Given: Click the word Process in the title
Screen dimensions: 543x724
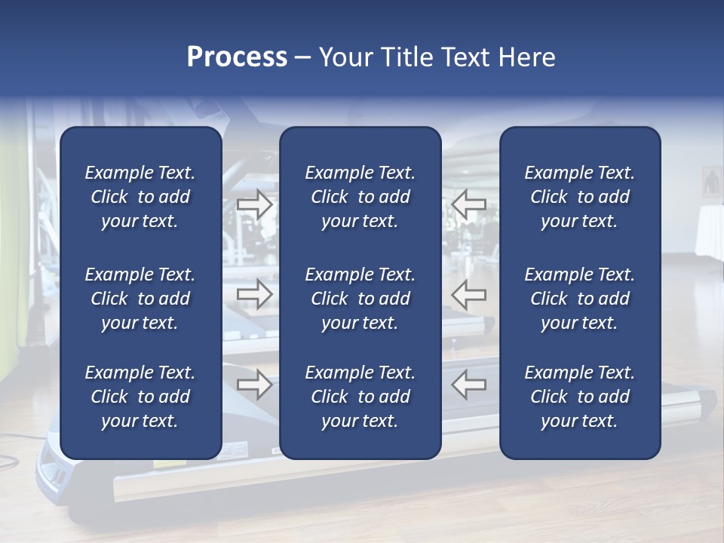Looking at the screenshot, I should (x=237, y=57).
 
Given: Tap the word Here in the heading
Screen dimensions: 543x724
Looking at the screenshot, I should (x=526, y=57).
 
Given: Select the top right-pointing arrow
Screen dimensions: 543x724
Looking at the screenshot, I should (x=255, y=204).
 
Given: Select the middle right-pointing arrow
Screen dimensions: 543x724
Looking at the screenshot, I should (x=255, y=294).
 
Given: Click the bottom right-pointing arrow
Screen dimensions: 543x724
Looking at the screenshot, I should (x=255, y=385).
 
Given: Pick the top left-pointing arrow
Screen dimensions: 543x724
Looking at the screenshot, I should (x=469, y=204).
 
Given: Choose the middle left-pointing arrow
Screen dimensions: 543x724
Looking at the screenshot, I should (x=469, y=294).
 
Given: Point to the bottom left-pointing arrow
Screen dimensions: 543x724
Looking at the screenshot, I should (x=469, y=385).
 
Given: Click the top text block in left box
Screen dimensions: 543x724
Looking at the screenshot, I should (x=140, y=197).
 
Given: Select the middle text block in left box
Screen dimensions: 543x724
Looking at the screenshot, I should (x=140, y=299).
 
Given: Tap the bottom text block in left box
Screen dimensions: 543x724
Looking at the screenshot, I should (x=140, y=397).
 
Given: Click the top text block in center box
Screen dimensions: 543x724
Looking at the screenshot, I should (x=360, y=197).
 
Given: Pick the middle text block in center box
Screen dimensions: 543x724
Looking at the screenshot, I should (x=360, y=299).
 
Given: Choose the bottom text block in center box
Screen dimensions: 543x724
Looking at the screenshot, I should (x=360, y=397).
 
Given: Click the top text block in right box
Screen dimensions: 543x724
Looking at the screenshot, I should (x=579, y=197).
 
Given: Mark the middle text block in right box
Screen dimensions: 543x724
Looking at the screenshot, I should (x=579, y=299).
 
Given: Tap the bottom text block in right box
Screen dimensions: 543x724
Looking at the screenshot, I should (x=579, y=397).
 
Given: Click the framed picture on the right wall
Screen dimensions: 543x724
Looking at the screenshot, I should (x=711, y=182).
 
